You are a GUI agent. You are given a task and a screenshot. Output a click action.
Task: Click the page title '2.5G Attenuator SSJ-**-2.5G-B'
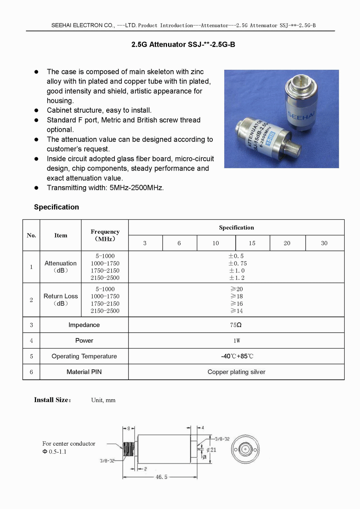point(183,45)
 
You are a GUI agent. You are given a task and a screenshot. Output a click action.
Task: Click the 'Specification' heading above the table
point(57,207)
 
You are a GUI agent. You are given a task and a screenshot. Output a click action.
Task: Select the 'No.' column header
point(31,235)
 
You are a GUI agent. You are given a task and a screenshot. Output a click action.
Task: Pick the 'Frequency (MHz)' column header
point(105,235)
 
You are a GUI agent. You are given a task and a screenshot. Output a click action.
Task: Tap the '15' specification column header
point(252,243)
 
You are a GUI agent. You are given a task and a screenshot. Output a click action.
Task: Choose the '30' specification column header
point(324,243)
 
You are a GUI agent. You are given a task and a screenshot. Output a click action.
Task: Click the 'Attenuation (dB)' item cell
point(60,267)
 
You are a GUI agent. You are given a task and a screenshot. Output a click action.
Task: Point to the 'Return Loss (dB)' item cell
point(60,299)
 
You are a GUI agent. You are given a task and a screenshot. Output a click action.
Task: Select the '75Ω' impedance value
point(236,325)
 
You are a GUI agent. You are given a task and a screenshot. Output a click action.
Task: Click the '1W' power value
point(237,341)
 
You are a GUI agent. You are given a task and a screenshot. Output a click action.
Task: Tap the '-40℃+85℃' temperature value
point(237,356)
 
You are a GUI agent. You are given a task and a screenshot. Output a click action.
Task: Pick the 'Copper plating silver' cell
point(236,372)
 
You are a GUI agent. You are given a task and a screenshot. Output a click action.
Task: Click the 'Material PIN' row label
point(84,372)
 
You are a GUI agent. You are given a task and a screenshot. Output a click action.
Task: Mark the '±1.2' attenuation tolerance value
point(237,278)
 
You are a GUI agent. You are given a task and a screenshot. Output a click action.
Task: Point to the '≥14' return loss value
point(237,311)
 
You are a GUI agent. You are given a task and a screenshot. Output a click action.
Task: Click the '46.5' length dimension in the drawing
point(161,477)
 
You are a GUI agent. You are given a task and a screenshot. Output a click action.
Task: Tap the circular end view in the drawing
point(246,450)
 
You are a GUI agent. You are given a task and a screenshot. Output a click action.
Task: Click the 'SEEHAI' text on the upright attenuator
point(301,115)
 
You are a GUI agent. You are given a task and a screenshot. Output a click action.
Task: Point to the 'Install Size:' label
point(53,400)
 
